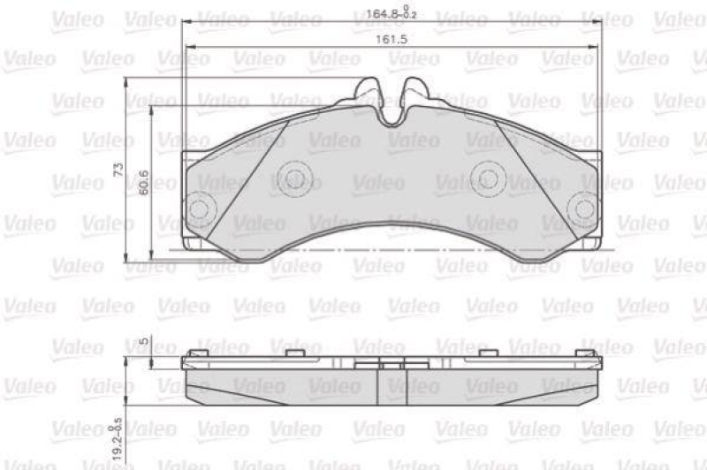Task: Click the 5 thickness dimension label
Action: coord(142,340)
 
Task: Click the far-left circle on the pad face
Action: coord(200,208)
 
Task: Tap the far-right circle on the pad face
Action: coord(584,208)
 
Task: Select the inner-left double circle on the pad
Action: coord(295,179)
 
